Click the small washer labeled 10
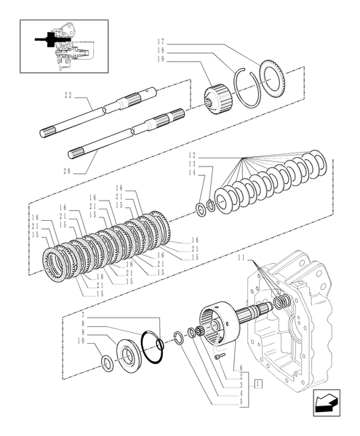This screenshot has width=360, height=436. pos(106,361)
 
